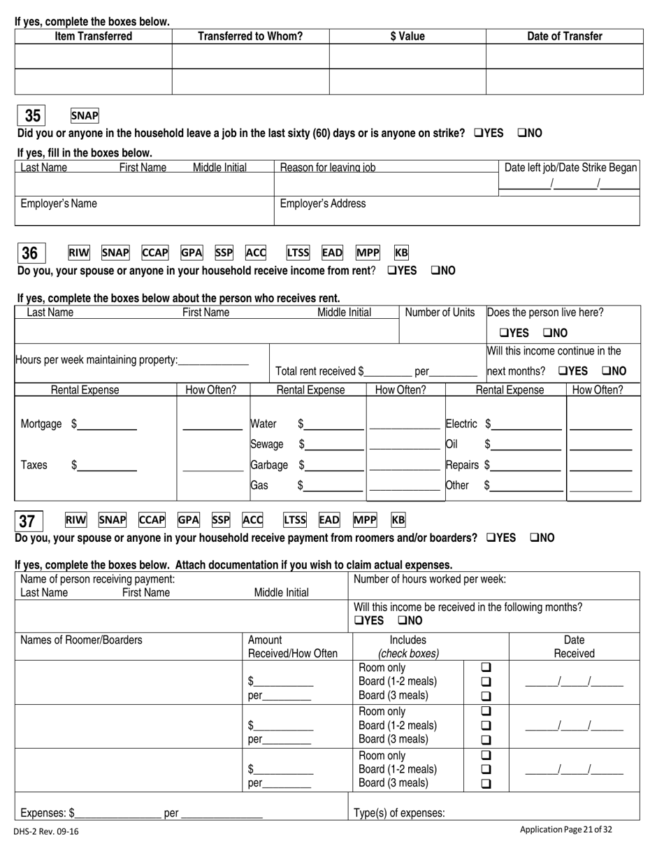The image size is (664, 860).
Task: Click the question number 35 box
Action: point(32,116)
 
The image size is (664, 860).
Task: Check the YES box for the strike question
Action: point(479,133)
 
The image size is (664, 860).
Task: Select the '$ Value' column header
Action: point(407,36)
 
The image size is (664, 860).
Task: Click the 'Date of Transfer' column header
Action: point(564,36)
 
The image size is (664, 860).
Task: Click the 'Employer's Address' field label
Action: point(322,203)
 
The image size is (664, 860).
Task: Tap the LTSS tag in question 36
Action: point(298,253)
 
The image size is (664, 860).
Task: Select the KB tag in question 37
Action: point(398,519)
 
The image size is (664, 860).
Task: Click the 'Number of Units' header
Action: point(440,313)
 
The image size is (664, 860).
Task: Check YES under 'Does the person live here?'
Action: point(504,333)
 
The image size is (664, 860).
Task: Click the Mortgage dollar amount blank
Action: point(107,424)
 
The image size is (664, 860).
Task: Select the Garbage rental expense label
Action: point(269,464)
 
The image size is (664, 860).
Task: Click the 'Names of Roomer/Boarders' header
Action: point(81,640)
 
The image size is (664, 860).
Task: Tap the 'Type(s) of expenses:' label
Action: point(399,812)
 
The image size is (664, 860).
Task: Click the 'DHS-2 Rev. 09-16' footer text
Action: point(46,832)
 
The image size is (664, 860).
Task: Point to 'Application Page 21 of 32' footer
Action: point(565,830)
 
